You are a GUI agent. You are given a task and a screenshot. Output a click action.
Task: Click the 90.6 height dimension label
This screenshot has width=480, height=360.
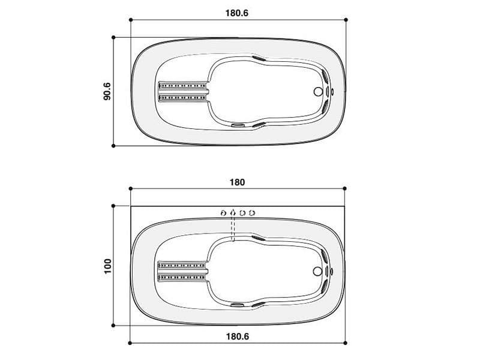coord(107,91)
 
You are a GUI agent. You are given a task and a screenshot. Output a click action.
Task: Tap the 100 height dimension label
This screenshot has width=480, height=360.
coord(107,266)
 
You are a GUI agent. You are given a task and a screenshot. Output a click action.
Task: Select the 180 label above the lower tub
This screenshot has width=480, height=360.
coord(237,182)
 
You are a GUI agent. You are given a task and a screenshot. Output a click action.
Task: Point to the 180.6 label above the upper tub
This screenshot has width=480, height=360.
coord(237,13)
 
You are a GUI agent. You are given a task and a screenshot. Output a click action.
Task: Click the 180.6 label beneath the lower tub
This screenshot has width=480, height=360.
coord(238,337)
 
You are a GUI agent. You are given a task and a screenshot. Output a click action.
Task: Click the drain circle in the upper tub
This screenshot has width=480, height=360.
coord(318,91)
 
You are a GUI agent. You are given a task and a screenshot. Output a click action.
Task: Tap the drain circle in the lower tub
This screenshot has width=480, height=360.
coord(318,271)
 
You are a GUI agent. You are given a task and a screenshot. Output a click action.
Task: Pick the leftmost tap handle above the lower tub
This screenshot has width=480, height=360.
coord(223,213)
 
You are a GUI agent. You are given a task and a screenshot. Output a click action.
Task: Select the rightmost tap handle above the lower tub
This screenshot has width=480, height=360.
coord(252,212)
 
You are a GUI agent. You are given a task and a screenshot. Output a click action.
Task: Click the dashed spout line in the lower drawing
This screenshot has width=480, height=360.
coord(233,227)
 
